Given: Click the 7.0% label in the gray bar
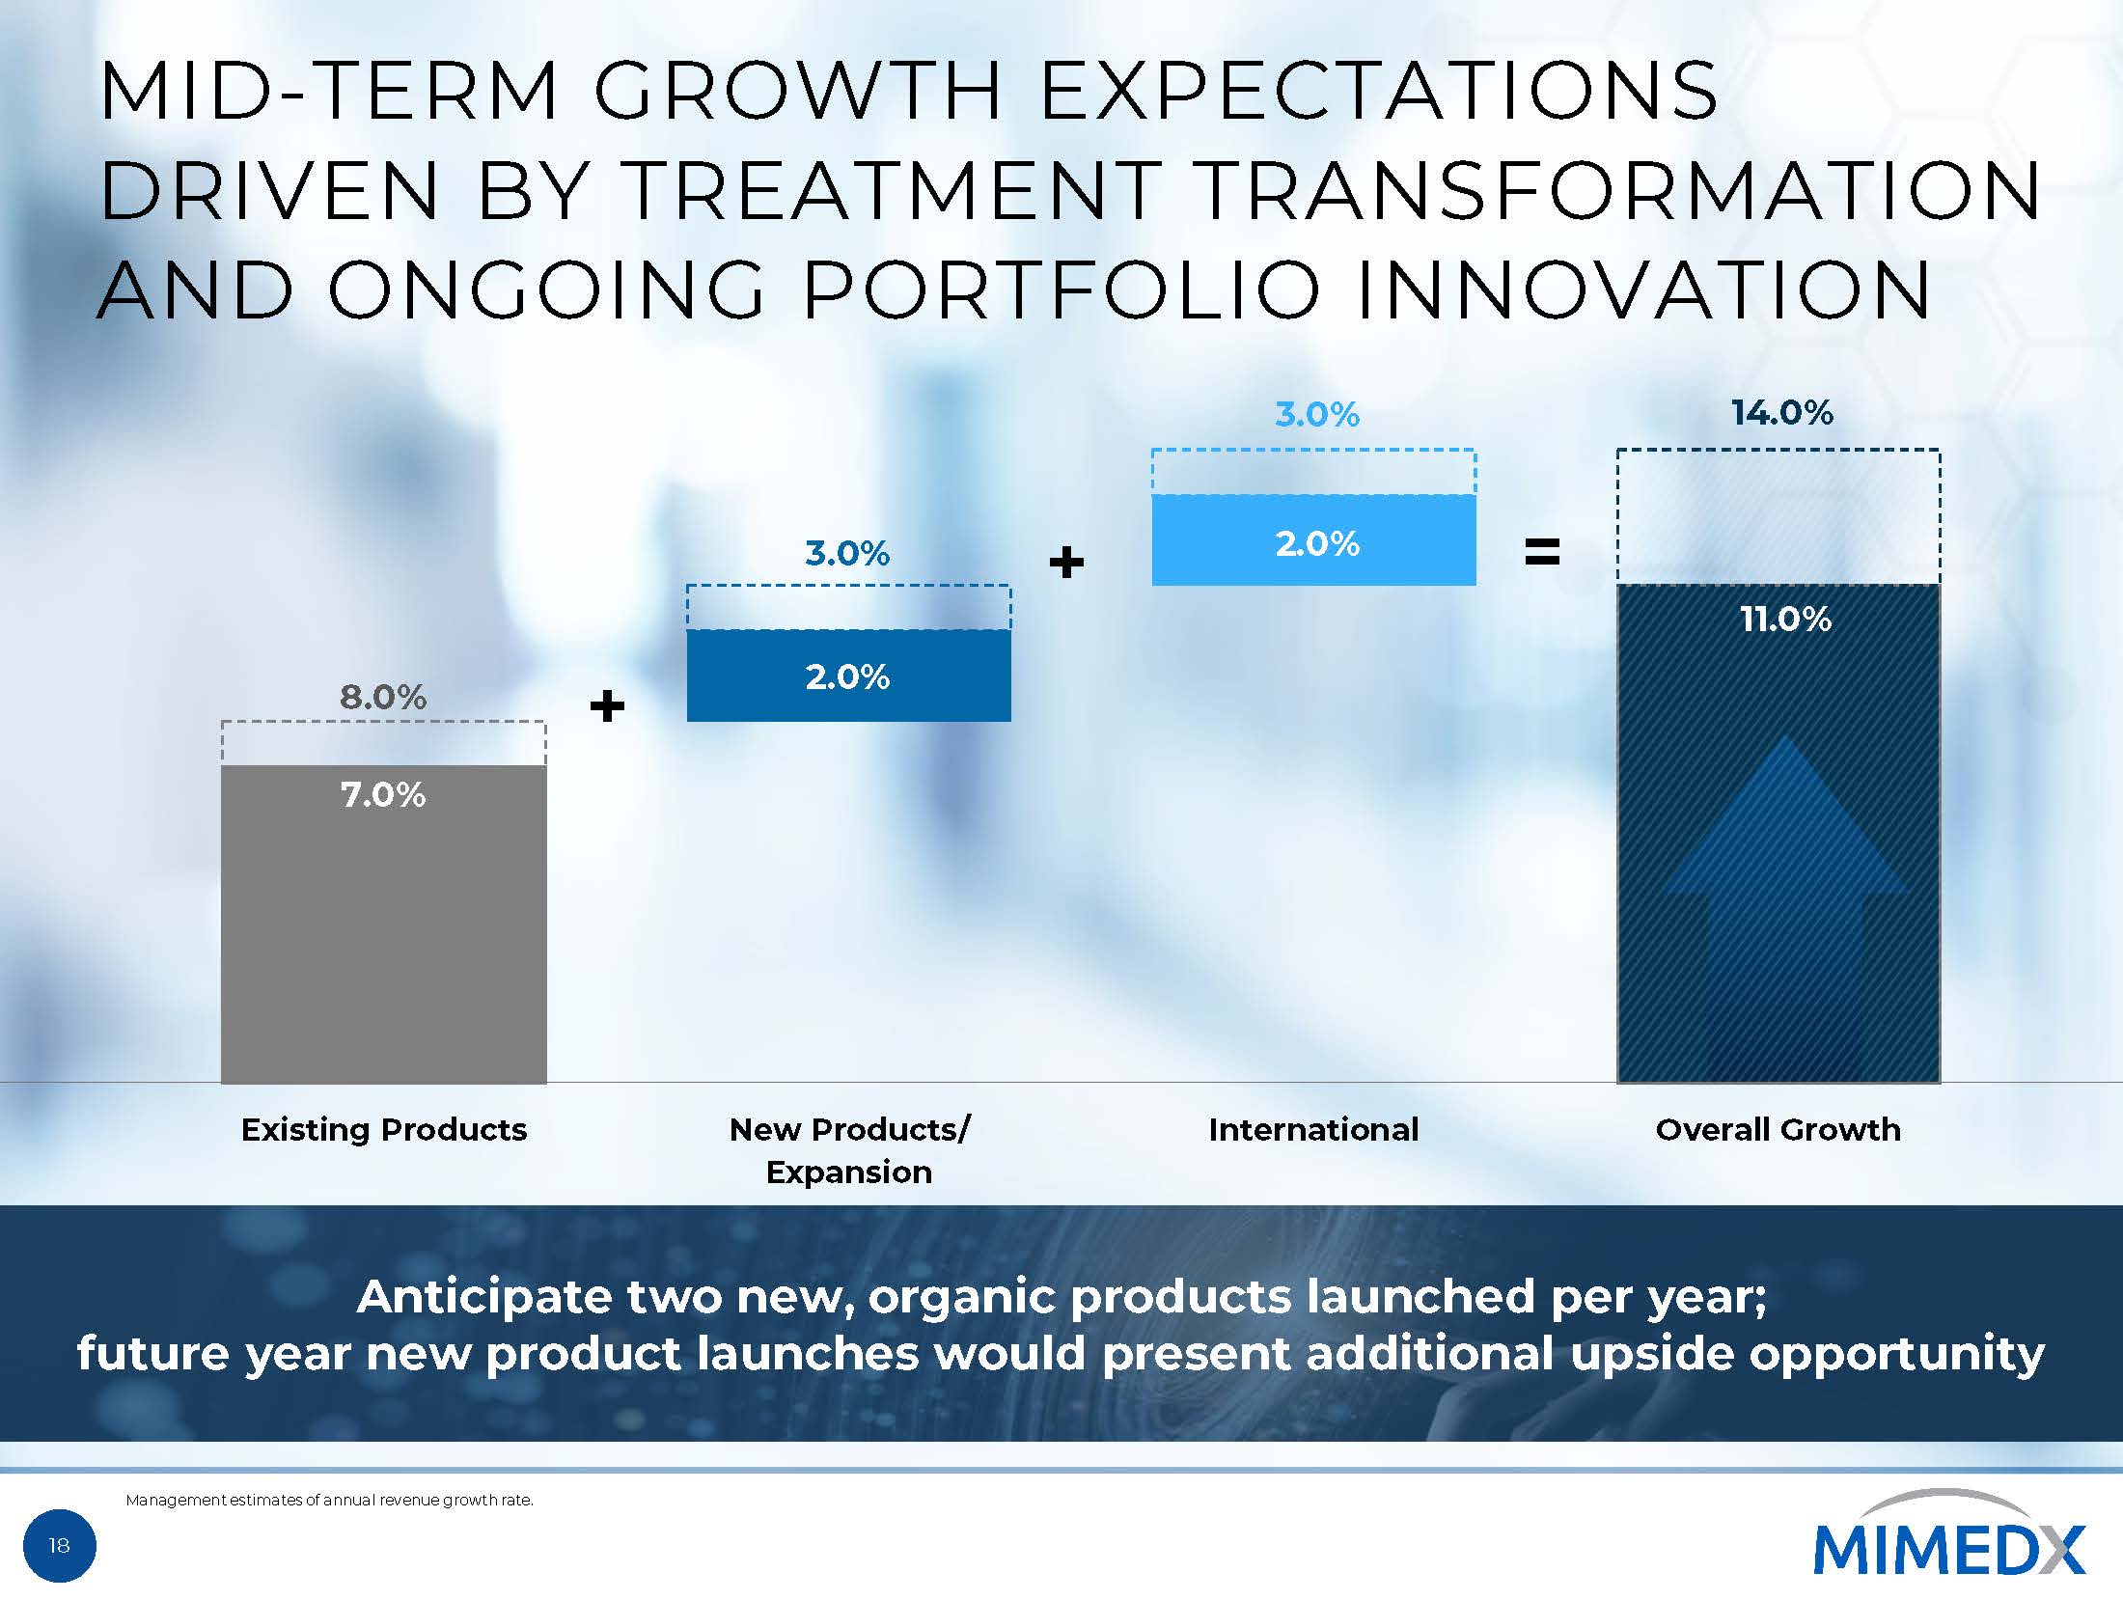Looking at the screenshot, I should coord(383,795).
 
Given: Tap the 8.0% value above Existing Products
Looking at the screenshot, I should coord(383,697).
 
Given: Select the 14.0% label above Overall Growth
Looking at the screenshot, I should coord(1781,413).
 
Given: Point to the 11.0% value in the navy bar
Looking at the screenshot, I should coord(1785,619).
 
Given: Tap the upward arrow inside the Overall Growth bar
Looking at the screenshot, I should coord(1784,869).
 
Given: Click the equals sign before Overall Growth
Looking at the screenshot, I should coord(1541,553).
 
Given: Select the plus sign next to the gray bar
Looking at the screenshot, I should coord(607,706).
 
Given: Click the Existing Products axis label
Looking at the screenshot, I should coord(383,1129).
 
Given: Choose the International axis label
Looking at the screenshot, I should coord(1313,1129).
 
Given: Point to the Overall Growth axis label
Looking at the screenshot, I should coord(1778,1129).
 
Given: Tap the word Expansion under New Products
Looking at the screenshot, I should coord(848,1172).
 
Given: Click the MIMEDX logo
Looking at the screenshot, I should coord(1948,1544).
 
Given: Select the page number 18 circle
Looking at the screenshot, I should coord(59,1546).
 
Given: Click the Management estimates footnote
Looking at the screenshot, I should coord(329,1500).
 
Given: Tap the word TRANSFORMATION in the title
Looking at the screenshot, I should coord(1619,190).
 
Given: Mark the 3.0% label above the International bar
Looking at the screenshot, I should coord(1316,415).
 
